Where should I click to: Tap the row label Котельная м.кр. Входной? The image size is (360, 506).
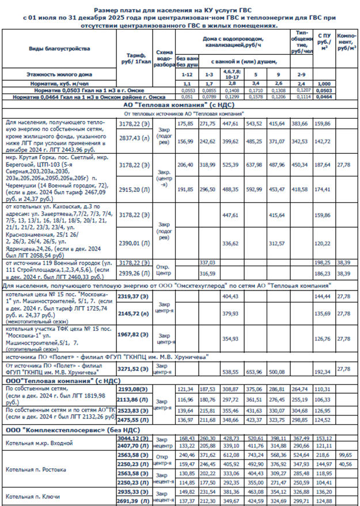tap(39, 443)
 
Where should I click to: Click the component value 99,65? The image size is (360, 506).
tap(344, 455)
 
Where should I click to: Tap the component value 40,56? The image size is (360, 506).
tap(344, 463)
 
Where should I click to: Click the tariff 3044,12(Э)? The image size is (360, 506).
tap(136, 439)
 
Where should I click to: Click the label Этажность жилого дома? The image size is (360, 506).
tap(52, 75)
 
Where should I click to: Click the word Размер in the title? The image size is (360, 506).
tap(105, 10)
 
